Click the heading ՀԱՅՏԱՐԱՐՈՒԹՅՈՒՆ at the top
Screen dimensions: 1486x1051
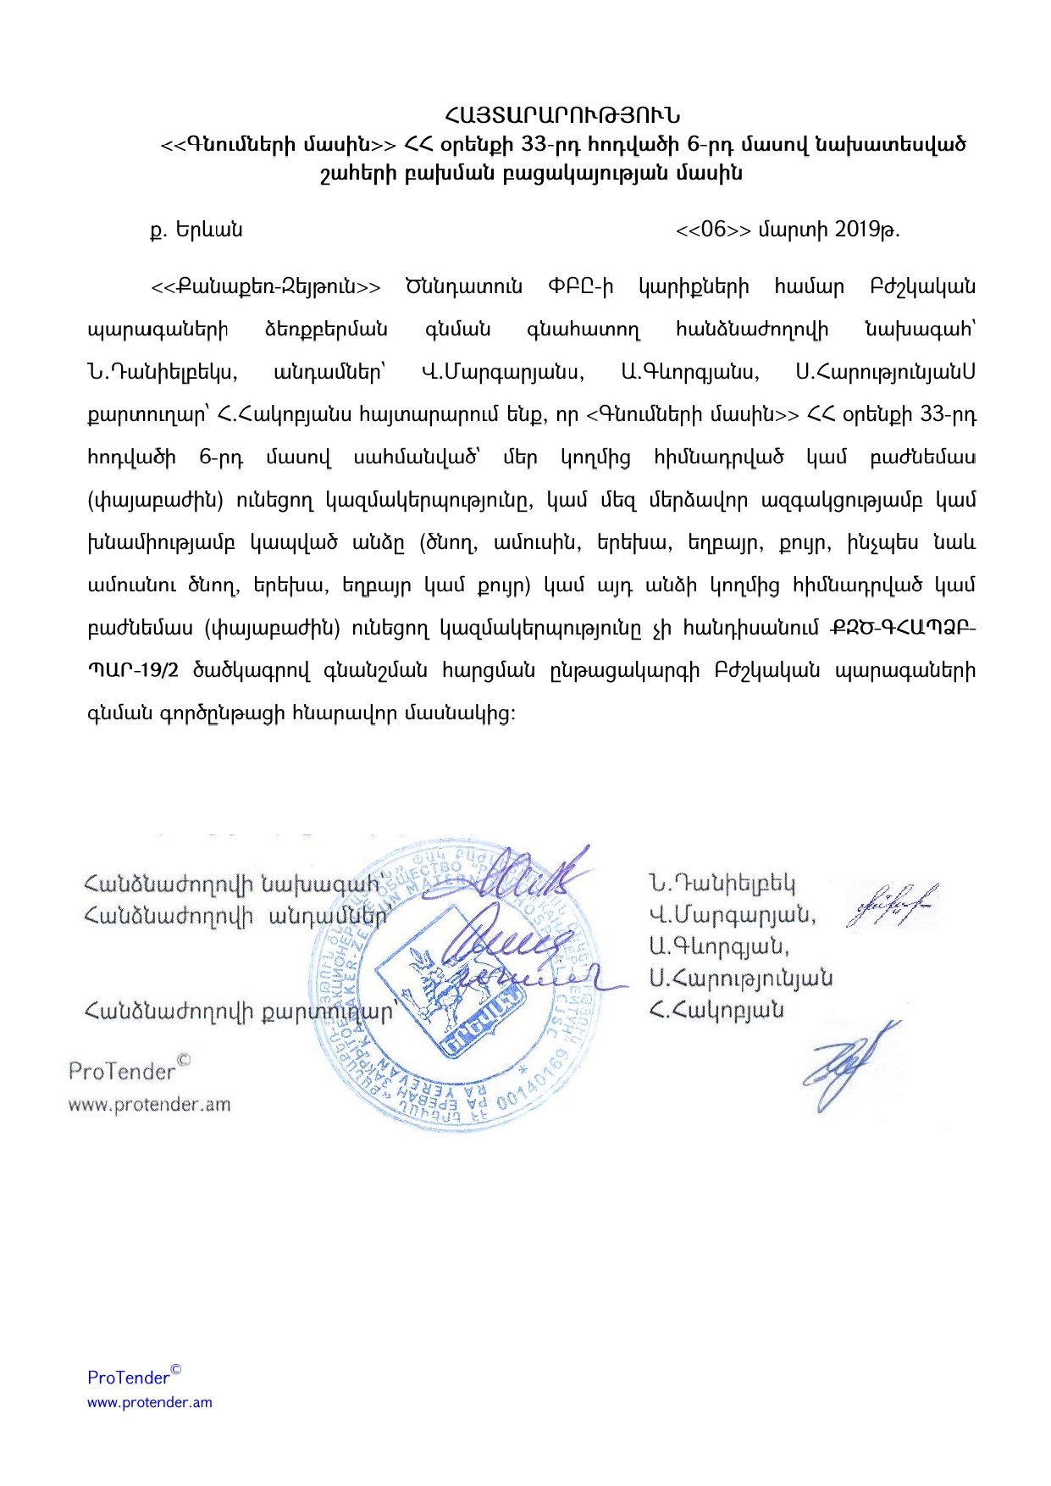tap(562, 114)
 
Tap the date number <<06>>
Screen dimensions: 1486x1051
tap(713, 230)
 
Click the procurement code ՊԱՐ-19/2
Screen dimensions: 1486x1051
tap(133, 671)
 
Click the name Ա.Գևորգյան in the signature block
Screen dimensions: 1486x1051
tap(719, 946)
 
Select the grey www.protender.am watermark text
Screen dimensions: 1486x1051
tap(149, 1105)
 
